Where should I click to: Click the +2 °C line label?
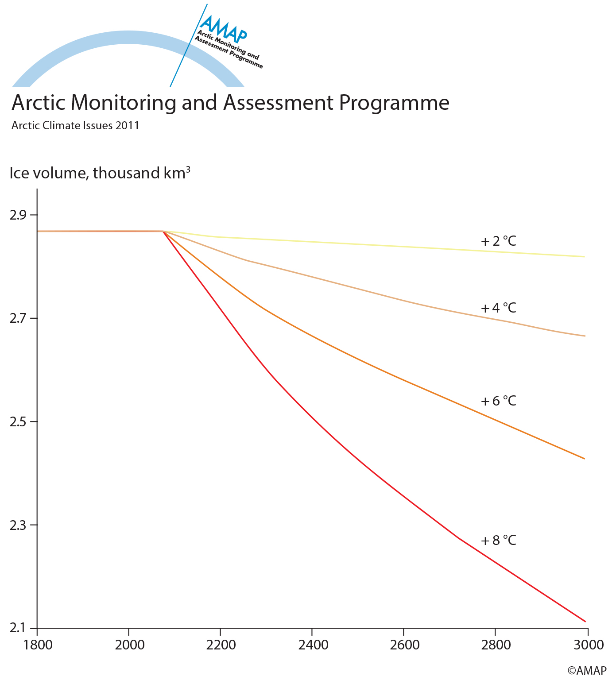(x=499, y=241)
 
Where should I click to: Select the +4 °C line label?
(x=499, y=308)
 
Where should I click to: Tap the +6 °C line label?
(x=499, y=401)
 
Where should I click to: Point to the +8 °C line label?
(x=499, y=541)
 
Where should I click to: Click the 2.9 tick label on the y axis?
(x=18, y=216)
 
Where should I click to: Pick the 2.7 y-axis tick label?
(x=18, y=318)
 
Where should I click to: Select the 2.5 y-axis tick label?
(x=18, y=421)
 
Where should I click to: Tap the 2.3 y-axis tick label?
(x=18, y=525)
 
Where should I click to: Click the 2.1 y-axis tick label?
(x=18, y=628)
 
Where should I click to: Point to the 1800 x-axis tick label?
(x=37, y=645)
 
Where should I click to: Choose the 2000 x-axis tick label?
(x=129, y=645)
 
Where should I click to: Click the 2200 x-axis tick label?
(x=221, y=645)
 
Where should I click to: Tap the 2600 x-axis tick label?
(x=404, y=645)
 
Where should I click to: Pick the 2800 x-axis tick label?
(x=496, y=645)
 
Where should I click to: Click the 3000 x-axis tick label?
(x=588, y=645)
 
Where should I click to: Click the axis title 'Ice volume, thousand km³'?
(x=100, y=173)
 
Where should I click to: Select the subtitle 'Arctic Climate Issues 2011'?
(x=75, y=126)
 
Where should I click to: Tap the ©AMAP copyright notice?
(x=587, y=671)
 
